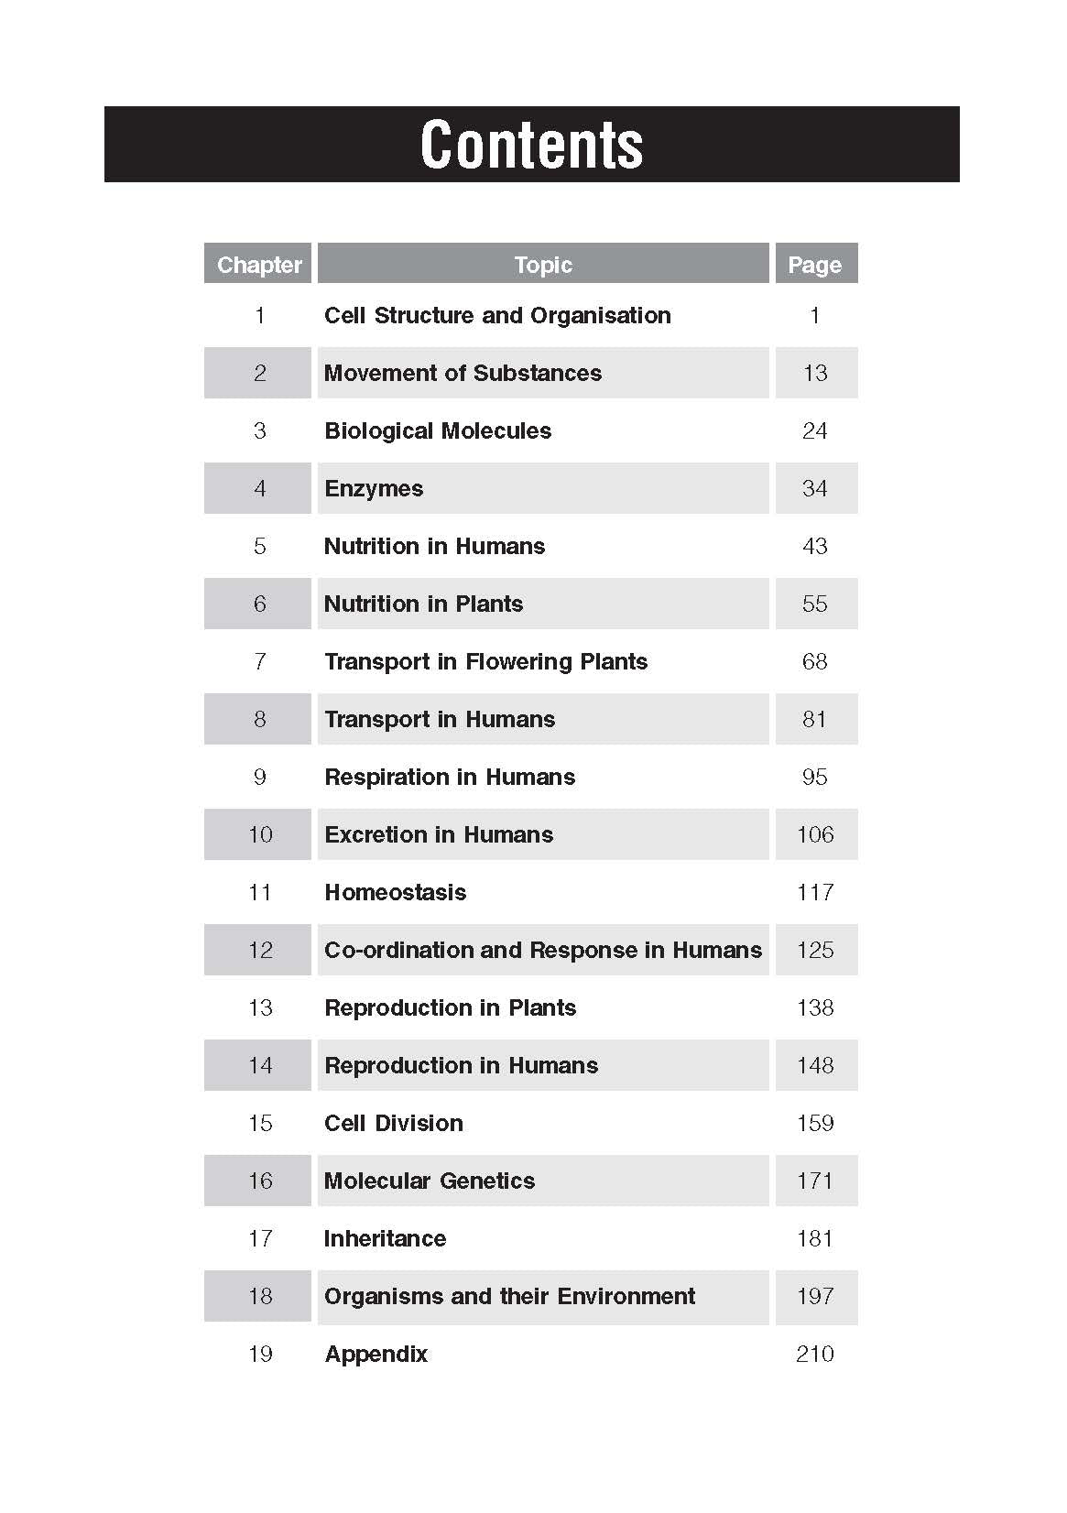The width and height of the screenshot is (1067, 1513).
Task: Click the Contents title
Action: tap(531, 145)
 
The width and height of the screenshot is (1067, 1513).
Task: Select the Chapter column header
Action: tap(259, 265)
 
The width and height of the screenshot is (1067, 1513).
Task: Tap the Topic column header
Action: tap(543, 265)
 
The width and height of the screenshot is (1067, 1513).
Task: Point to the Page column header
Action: tap(814, 265)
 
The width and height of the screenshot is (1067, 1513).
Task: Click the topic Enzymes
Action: tap(374, 488)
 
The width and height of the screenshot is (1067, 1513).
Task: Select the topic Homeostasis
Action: tap(395, 892)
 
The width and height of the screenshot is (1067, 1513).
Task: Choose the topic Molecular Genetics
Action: tap(429, 1181)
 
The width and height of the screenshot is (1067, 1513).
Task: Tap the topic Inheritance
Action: tap(385, 1238)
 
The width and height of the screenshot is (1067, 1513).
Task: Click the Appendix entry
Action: tap(376, 1354)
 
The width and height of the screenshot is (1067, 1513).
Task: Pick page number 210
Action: tap(814, 1354)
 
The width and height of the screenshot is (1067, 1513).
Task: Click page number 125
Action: tap(814, 950)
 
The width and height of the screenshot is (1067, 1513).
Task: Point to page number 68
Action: tap(814, 661)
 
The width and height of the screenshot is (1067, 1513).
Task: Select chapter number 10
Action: tap(260, 834)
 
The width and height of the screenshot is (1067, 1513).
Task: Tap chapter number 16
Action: tap(260, 1181)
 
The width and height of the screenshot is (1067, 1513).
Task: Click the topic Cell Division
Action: tap(393, 1123)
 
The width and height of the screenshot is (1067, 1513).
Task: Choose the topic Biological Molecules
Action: tap(438, 430)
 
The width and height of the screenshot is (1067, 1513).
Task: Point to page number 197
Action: tap(814, 1296)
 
